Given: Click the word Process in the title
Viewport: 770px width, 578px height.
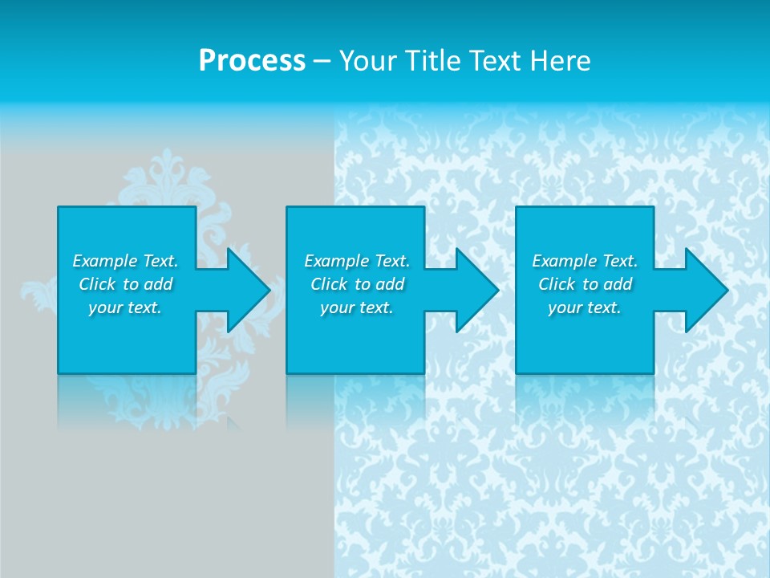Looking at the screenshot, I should pyautogui.click(x=252, y=60).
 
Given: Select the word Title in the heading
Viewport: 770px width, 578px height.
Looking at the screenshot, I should pyautogui.click(x=432, y=60).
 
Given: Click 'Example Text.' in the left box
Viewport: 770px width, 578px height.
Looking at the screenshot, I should pyautogui.click(x=125, y=261).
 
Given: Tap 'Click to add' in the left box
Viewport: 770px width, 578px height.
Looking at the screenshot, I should pyautogui.click(x=125, y=284).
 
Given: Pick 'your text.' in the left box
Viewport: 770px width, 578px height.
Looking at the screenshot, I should pyautogui.click(x=125, y=307).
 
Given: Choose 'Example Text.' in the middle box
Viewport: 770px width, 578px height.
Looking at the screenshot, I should pyautogui.click(x=357, y=261).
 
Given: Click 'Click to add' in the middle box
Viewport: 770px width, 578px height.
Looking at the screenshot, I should pyautogui.click(x=357, y=284).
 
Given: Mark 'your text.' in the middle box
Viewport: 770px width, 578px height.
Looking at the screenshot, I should pyautogui.click(x=357, y=307).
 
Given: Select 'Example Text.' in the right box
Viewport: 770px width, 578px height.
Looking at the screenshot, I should pyautogui.click(x=585, y=261).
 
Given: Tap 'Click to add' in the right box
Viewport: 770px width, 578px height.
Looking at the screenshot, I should pyautogui.click(x=585, y=284).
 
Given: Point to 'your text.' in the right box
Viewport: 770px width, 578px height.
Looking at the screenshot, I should pyautogui.click(x=585, y=307).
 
